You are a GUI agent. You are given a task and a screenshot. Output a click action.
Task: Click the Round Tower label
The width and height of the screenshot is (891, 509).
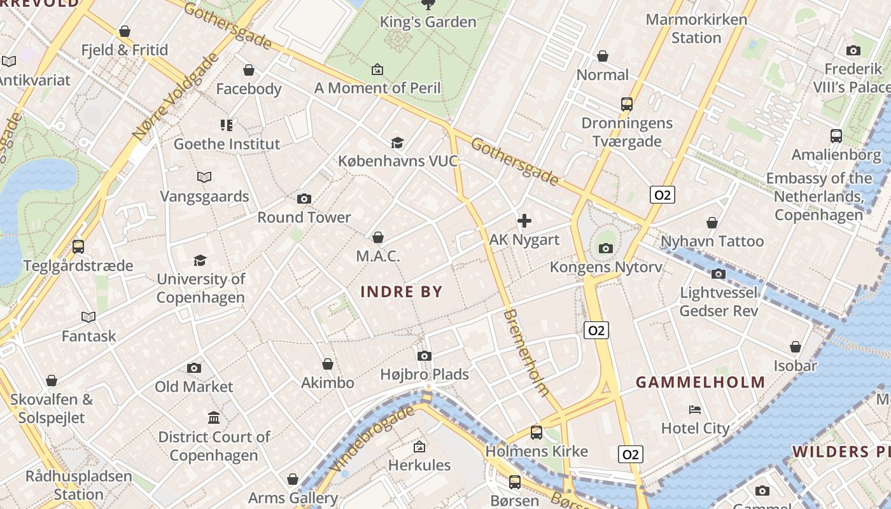(x=304, y=218)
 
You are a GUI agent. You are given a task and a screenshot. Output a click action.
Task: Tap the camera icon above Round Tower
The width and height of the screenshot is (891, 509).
(x=304, y=199)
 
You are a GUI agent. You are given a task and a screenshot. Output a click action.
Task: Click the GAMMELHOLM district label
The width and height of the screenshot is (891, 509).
(x=700, y=382)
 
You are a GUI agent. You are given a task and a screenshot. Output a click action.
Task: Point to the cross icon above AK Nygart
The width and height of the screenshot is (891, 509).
(x=524, y=221)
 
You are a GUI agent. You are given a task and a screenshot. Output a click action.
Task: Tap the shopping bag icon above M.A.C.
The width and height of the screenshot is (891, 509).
(x=378, y=237)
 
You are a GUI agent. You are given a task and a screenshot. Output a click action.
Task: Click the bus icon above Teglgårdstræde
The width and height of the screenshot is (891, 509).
(x=78, y=246)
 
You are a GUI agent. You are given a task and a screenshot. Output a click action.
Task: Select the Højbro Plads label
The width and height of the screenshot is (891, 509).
(x=424, y=374)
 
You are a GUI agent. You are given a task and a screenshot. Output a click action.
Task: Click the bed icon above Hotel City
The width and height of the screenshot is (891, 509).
(x=695, y=410)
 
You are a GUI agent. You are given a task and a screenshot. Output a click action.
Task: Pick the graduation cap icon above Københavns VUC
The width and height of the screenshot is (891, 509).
(x=397, y=143)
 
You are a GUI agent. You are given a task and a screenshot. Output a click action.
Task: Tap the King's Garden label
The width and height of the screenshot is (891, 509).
(x=428, y=22)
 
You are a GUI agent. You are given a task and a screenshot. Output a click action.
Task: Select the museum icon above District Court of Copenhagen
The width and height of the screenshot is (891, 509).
(x=214, y=418)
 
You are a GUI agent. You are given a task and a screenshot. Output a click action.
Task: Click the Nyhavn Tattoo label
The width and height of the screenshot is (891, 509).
(x=712, y=242)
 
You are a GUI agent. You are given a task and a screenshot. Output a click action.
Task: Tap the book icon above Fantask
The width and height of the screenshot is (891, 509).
(x=88, y=317)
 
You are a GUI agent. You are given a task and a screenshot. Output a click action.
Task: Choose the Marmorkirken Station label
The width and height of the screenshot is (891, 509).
(x=696, y=29)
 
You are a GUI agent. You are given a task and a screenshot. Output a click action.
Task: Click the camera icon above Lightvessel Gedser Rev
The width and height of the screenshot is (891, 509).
(x=719, y=274)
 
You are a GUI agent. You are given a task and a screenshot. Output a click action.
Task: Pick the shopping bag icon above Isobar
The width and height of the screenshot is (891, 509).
(x=795, y=347)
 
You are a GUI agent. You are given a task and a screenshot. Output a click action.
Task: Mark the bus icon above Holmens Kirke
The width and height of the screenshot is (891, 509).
(x=537, y=432)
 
